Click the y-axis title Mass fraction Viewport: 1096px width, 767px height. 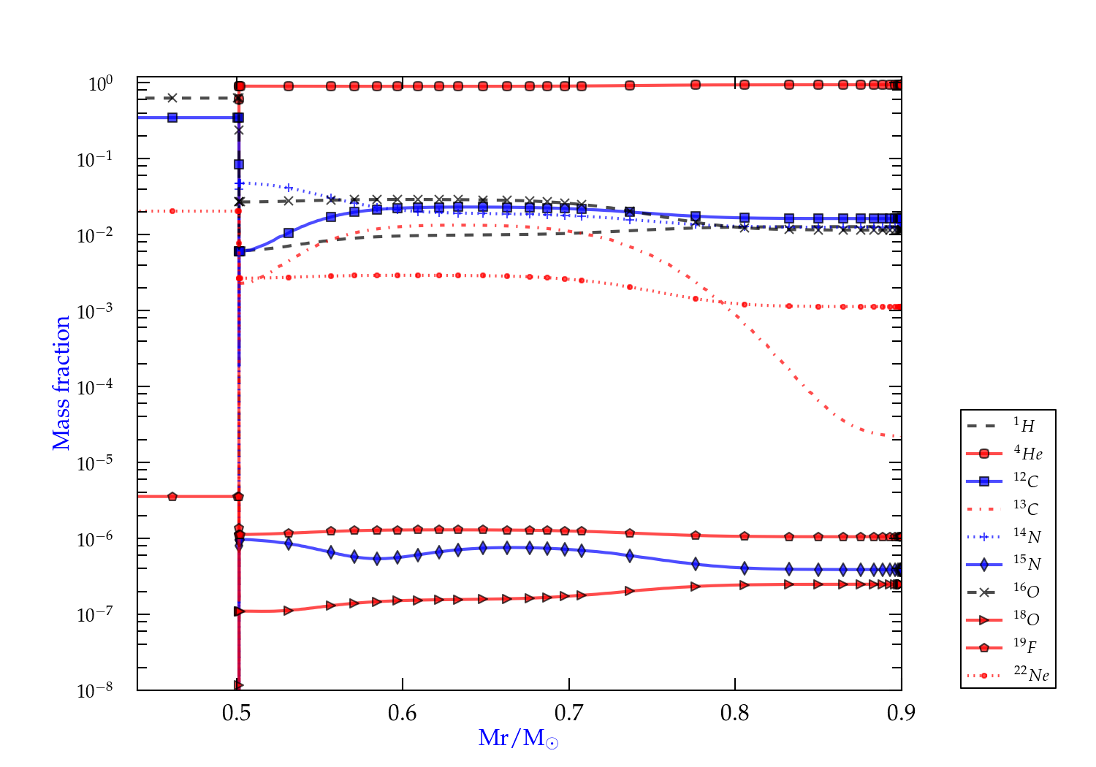[x=61, y=383]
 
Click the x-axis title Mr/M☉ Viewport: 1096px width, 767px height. [x=518, y=739]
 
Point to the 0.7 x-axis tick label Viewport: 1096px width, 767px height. [x=568, y=713]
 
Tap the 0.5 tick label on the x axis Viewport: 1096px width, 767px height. [x=236, y=713]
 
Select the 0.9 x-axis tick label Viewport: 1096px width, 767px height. [x=901, y=713]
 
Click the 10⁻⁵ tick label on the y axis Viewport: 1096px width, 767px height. [x=95, y=462]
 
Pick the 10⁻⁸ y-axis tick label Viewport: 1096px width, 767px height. [x=95, y=690]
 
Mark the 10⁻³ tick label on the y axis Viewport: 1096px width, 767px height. [x=95, y=310]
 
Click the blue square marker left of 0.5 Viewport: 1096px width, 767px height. [x=172, y=118]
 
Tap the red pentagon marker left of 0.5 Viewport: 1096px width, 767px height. [x=172, y=497]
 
